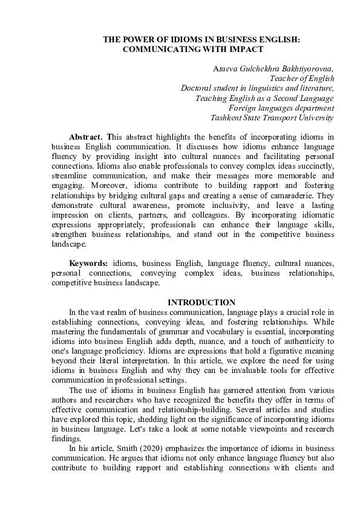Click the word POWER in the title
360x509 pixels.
click(x=136, y=39)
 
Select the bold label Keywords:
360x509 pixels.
click(x=89, y=264)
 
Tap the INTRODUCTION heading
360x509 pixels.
click(x=201, y=302)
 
